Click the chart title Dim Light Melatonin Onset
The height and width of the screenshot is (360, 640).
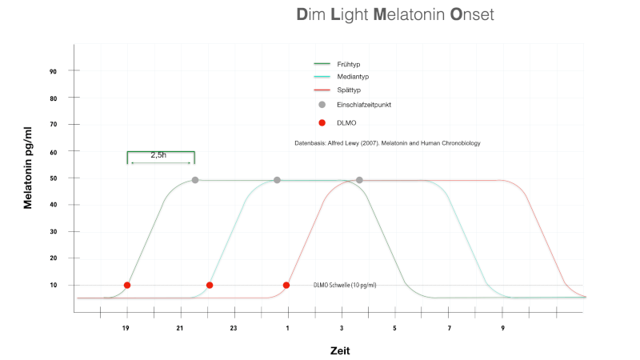pos(394,15)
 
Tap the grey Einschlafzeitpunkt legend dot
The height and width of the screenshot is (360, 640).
pos(322,105)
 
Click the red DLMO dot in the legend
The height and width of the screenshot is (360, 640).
pos(322,122)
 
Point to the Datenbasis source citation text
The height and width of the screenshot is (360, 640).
pos(387,143)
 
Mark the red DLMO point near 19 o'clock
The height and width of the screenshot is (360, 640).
pos(127,285)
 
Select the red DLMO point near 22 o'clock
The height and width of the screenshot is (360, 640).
pos(210,285)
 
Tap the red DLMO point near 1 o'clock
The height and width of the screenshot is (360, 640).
pos(286,285)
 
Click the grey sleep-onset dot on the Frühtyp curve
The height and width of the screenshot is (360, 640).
pos(195,180)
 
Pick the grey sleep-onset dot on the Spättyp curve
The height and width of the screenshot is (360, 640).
pos(359,180)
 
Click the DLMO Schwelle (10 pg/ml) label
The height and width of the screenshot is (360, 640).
pos(345,285)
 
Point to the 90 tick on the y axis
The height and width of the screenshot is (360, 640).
pos(52,71)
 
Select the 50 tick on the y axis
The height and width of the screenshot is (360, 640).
pos(52,178)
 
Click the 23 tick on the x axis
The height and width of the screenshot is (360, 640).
pos(234,329)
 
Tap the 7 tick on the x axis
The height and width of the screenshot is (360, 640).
pos(450,329)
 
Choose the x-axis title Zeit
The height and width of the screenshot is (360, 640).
pos(340,350)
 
